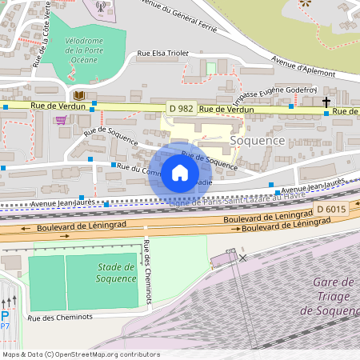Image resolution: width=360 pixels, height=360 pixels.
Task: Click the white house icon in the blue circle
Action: tap(180, 172)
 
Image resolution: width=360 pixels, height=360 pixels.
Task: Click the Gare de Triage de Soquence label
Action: tap(334, 296)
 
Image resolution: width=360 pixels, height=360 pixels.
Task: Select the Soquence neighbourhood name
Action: tap(280, 140)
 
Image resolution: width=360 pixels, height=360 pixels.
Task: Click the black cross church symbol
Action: tap(326, 102)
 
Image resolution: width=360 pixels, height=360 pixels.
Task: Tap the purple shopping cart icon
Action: tap(61, 121)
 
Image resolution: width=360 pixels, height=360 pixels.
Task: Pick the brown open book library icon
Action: tap(79, 96)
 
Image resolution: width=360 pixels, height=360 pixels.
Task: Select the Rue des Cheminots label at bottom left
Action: tap(60, 317)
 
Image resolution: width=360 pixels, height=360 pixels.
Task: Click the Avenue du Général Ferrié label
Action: tap(187, 14)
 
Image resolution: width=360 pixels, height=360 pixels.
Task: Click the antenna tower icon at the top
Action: tap(100, 6)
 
